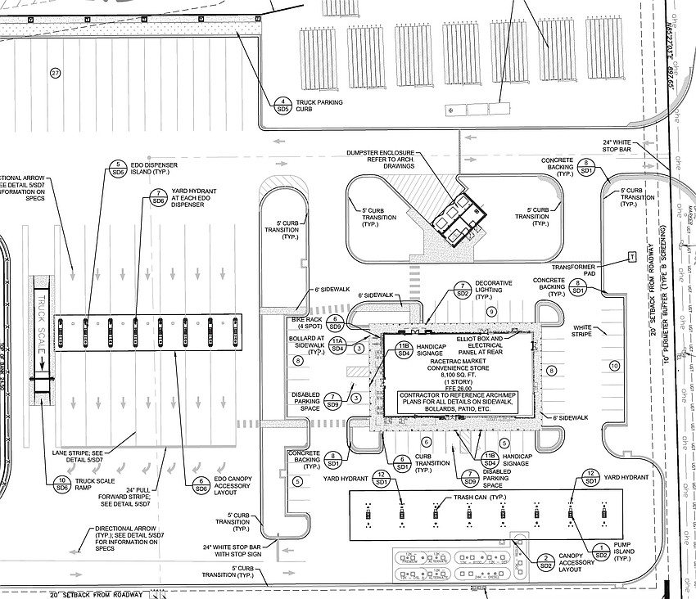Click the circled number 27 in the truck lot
click(x=56, y=74)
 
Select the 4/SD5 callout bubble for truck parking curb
click(x=283, y=104)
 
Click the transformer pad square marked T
click(x=631, y=257)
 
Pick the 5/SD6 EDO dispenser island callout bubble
click(x=117, y=169)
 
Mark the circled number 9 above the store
click(x=491, y=313)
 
